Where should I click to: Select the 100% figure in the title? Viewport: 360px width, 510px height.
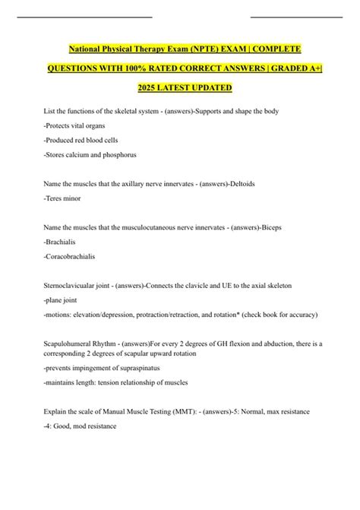(138, 68)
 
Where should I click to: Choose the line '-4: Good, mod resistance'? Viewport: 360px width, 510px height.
(82, 426)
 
